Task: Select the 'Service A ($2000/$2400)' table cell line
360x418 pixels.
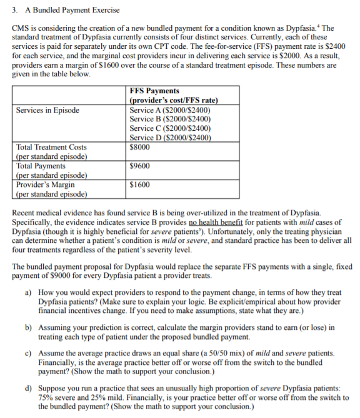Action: click(x=169, y=110)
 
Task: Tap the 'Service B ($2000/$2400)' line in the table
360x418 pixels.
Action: click(x=169, y=120)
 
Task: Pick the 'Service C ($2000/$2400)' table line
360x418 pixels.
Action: click(x=169, y=129)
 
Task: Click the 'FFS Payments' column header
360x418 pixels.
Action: click(x=154, y=91)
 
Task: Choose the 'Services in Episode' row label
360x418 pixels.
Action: click(x=47, y=110)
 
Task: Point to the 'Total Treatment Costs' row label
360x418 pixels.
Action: click(x=51, y=148)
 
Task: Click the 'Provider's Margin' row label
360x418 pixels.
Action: click(x=45, y=185)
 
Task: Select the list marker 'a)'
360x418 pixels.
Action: click(x=29, y=292)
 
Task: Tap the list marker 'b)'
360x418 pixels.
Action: click(x=29, y=327)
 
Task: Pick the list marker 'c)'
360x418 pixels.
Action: click(x=29, y=354)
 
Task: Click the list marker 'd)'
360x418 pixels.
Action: click(x=29, y=389)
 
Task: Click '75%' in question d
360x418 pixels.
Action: click(x=46, y=397)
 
